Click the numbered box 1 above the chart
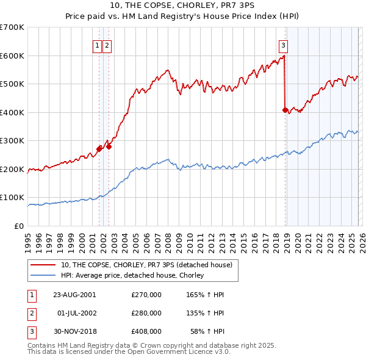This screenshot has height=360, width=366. click(97, 45)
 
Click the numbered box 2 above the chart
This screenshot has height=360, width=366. click(107, 45)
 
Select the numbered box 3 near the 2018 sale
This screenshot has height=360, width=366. click(284, 45)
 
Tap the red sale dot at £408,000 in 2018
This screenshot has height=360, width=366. click(285, 110)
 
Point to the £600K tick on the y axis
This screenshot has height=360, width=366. click(12, 56)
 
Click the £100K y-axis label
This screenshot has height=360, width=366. click(12, 198)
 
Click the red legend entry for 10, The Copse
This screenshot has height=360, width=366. click(146, 265)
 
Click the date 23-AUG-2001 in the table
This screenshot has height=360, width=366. click(74, 295)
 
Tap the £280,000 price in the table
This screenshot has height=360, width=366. click(146, 313)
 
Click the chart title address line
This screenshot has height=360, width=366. click(182, 6)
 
